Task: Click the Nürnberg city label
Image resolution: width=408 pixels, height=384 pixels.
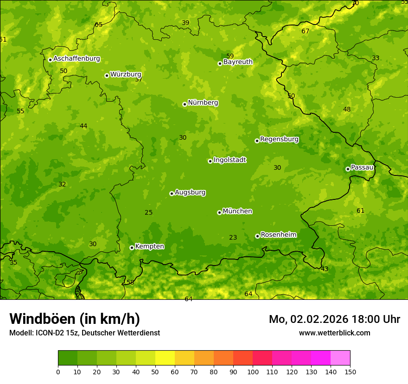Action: (203, 103)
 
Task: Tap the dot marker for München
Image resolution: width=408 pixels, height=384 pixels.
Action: (219, 212)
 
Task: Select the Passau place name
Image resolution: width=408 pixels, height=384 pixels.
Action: (362, 167)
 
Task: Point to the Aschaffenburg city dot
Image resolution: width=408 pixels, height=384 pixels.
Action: (50, 60)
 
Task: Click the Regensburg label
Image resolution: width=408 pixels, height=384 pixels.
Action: (279, 139)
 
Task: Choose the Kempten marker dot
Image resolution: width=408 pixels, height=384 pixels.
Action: (132, 248)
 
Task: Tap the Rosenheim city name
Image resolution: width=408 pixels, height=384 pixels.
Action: (278, 235)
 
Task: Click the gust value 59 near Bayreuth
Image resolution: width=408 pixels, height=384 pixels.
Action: (230, 56)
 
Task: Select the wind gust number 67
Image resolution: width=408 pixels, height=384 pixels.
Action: (305, 31)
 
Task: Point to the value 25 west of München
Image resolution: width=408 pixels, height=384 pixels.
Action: (148, 212)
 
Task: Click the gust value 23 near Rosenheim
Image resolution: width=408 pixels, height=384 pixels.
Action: (233, 238)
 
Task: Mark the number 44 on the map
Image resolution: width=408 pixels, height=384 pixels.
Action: (83, 126)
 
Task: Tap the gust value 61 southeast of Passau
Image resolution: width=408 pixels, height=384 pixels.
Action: (360, 211)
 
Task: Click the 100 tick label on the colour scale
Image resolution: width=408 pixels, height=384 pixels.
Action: (253, 372)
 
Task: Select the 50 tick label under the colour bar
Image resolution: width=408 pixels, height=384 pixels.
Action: (155, 372)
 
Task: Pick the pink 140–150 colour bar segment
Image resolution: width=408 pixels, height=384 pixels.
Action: (340, 358)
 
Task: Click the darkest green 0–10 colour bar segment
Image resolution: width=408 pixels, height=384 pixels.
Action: (68, 358)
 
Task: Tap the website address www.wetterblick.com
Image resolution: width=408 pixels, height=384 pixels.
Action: (334, 333)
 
